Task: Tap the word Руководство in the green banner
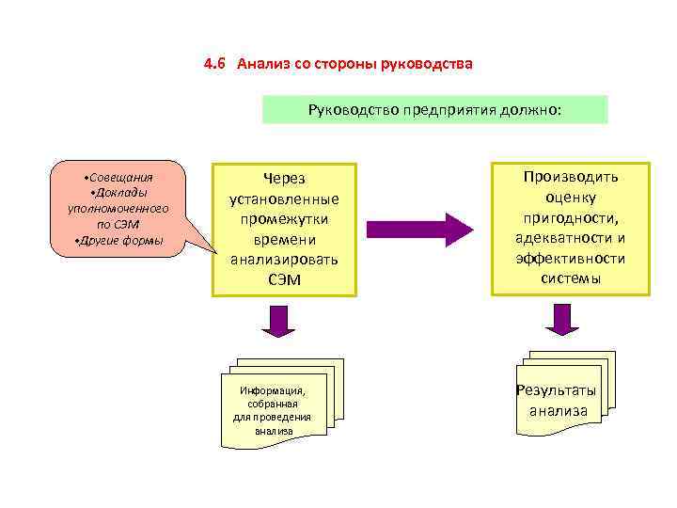click(354, 110)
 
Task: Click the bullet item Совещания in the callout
click(119, 177)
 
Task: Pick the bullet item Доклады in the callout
click(119, 193)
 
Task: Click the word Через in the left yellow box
click(284, 179)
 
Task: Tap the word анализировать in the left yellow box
click(284, 260)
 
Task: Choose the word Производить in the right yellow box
click(571, 176)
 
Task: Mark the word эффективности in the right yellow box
click(571, 258)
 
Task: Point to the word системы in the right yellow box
click(571, 278)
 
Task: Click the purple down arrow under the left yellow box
click(278, 321)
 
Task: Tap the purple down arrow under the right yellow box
click(563, 319)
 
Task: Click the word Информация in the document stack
click(273, 390)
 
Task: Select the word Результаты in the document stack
click(557, 390)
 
